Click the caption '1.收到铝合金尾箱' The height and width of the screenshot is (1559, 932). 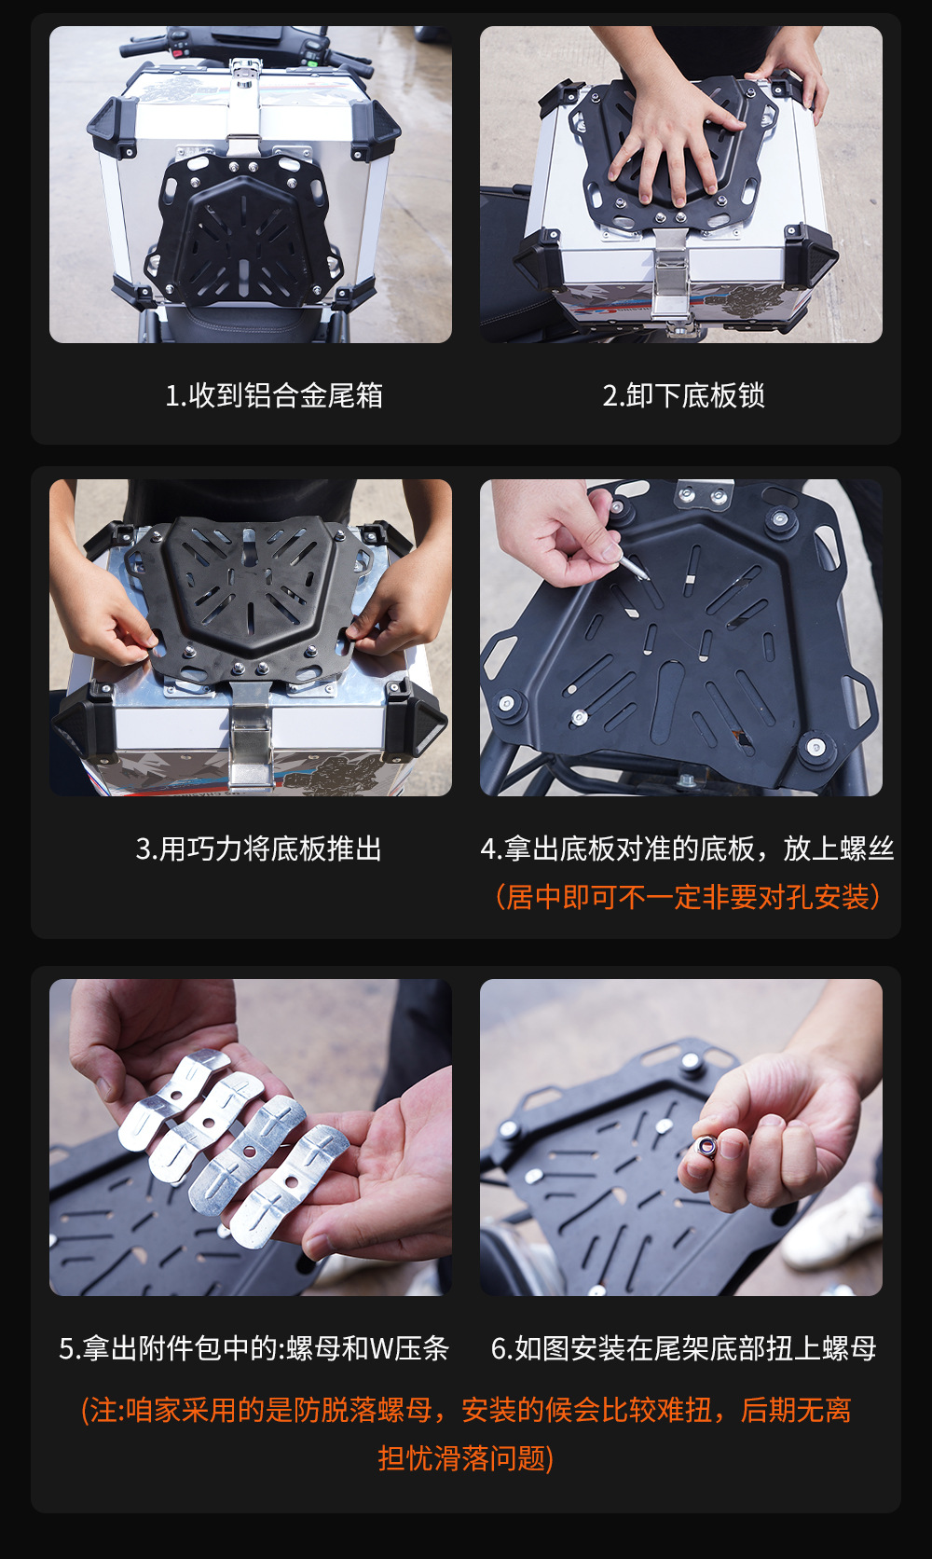274,395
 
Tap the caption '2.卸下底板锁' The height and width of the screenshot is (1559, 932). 684,395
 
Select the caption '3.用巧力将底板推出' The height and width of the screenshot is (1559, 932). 259,848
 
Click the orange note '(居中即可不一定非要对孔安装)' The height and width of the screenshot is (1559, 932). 688,897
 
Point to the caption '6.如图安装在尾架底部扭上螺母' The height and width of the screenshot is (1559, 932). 684,1348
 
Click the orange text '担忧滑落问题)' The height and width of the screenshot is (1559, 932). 466,1458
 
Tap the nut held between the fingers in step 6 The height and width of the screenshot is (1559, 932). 706,1145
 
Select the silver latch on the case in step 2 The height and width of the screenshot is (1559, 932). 672,275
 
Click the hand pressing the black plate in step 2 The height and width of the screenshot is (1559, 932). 667,139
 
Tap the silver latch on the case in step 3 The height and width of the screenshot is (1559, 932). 251,738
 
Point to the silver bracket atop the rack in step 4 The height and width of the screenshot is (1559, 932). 703,492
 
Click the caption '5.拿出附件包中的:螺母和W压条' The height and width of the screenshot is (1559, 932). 254,1348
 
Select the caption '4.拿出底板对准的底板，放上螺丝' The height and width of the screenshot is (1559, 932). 687,848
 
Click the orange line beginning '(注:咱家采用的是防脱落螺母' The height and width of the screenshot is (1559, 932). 466,1410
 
